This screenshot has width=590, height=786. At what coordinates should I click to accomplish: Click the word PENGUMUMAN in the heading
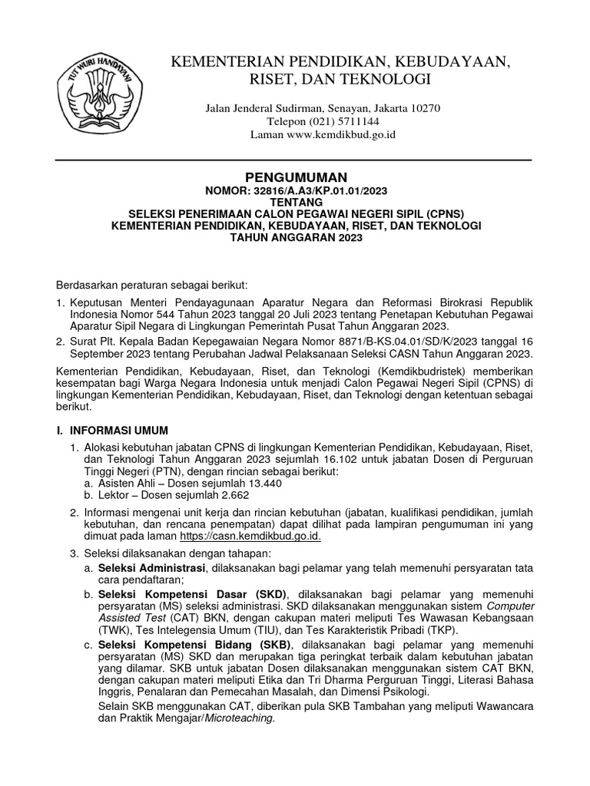296,177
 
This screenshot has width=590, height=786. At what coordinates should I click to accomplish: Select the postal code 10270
424,108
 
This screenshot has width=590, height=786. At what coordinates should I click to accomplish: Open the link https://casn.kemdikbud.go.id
250,537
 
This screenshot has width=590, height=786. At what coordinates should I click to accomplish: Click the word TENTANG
296,202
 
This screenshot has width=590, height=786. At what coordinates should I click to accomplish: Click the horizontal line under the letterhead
295,160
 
